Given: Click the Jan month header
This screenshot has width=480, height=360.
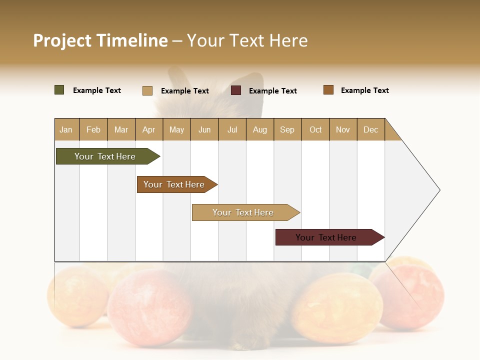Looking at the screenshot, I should pos(66,129).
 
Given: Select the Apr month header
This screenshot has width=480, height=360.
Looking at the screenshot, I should pos(149,129).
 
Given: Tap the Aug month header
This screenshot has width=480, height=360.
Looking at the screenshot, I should pos(260,129).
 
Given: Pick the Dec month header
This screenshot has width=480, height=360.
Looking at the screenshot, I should pos(370,129).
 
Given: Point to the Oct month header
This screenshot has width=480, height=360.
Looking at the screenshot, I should pos(315,129).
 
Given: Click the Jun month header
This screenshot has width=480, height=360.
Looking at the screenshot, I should pos(204,129).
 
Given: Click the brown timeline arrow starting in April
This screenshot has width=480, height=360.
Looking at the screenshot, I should pos(175,184).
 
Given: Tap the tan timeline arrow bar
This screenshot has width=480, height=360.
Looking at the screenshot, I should pos(244,212).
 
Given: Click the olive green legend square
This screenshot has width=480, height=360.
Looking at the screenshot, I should pos(59,90).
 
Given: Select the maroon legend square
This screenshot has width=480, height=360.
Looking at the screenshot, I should pos(236,90).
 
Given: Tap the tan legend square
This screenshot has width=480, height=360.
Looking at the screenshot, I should pos(147,90).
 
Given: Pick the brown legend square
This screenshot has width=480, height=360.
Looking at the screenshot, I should pos(328,90).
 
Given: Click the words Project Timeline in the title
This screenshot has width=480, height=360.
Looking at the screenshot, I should pos(100,40).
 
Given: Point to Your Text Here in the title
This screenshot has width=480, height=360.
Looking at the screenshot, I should pos(247,40).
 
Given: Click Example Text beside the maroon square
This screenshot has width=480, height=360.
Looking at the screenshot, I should pos(273,91).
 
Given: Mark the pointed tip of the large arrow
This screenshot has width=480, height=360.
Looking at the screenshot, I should pos(439,190).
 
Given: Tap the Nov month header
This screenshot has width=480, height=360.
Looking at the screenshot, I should pos(343,129).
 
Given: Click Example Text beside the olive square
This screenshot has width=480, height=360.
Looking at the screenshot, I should pos(97,90).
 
